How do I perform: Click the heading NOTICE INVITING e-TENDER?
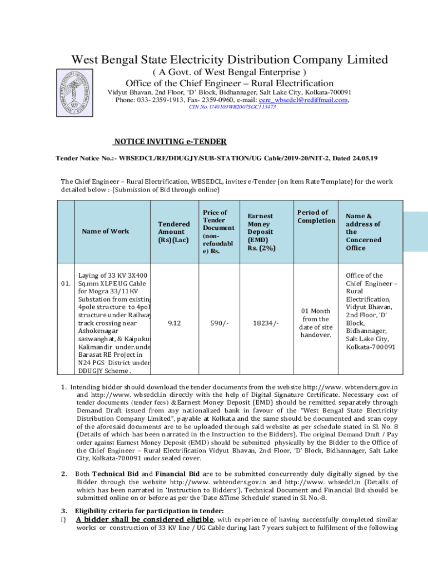tap(170, 142)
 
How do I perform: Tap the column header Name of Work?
tap(105, 231)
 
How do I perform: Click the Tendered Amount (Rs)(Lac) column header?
tap(173, 232)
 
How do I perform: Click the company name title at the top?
tap(228, 59)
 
